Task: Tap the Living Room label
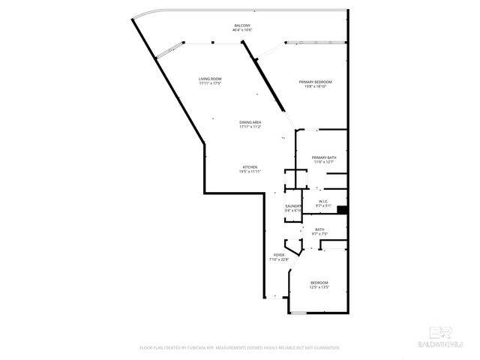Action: [210, 79]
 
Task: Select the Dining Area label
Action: [250, 122]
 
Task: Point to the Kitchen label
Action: [250, 166]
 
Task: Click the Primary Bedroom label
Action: [315, 81]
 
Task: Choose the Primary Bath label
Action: [324, 157]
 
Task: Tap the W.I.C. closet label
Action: [324, 201]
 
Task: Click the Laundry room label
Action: [293, 205]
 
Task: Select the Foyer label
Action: [279, 256]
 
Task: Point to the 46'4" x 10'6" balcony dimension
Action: [241, 30]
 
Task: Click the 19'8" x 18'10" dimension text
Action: [315, 86]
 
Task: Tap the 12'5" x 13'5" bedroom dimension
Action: [319, 287]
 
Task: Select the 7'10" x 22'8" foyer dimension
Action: [279, 260]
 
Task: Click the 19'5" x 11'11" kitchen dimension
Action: [250, 172]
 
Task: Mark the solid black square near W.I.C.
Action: [341, 210]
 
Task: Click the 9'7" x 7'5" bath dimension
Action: [319, 235]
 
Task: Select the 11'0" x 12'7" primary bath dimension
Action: [324, 161]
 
